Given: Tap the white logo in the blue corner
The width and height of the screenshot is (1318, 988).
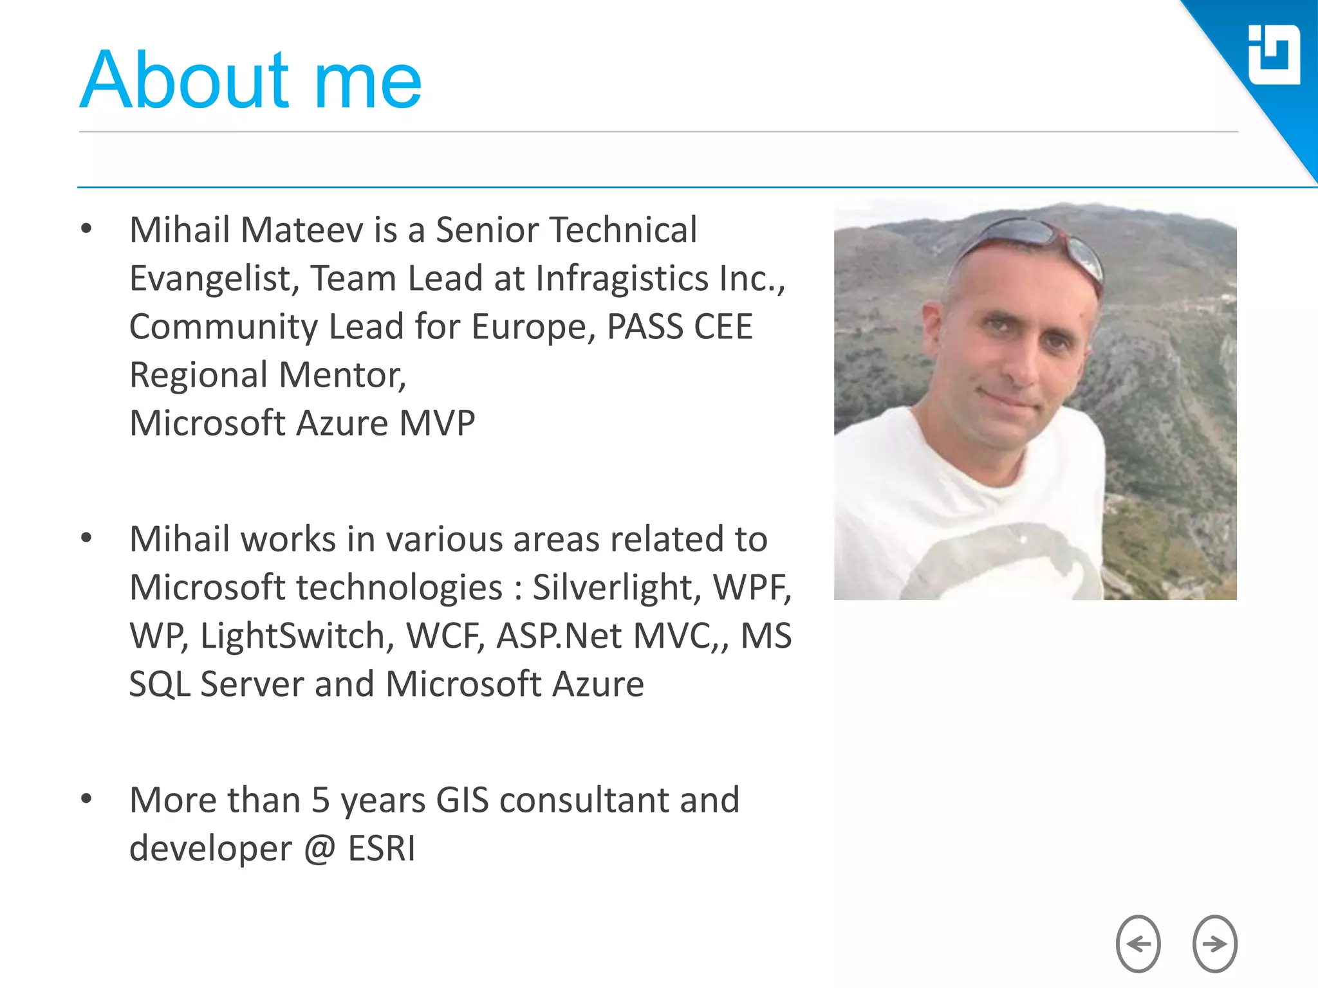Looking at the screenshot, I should click(x=1274, y=55).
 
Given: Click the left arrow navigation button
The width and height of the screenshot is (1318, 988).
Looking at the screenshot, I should click(x=1138, y=944).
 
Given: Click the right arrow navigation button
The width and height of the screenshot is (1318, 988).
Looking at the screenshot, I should click(x=1214, y=944).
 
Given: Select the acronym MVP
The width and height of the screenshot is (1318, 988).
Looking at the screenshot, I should click(x=437, y=423).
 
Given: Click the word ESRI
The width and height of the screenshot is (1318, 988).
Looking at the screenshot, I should click(x=382, y=848).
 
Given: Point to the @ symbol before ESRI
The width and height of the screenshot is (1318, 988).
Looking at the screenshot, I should click(x=320, y=848).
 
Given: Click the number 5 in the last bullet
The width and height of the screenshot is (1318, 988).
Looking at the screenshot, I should click(x=320, y=800).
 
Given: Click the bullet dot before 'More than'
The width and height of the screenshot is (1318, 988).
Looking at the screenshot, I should click(x=86, y=799).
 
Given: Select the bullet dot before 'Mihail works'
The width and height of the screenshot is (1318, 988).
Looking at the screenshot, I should click(x=86, y=538).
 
